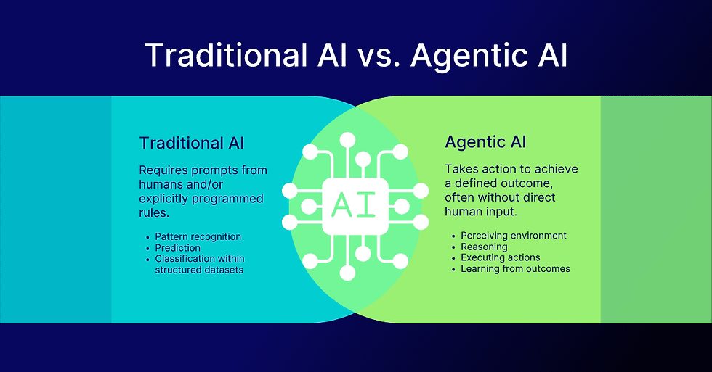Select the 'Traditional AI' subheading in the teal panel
[x=192, y=143]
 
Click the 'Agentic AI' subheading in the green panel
[x=485, y=142]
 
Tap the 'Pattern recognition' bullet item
[x=198, y=236]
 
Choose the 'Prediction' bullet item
[x=177, y=248]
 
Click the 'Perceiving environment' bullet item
[x=514, y=236]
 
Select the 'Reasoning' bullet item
[x=484, y=247]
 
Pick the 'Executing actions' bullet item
[x=501, y=257]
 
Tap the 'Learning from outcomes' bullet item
[x=515, y=269]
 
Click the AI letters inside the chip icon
[x=355, y=206]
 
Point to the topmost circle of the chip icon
[x=347, y=140]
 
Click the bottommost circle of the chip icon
[x=347, y=273]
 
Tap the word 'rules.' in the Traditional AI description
[x=154, y=213]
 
